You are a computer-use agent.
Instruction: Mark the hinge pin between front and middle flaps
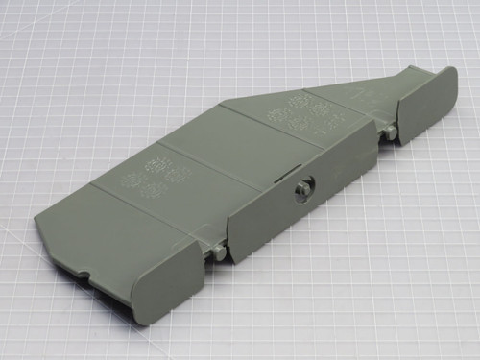(220, 252)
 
